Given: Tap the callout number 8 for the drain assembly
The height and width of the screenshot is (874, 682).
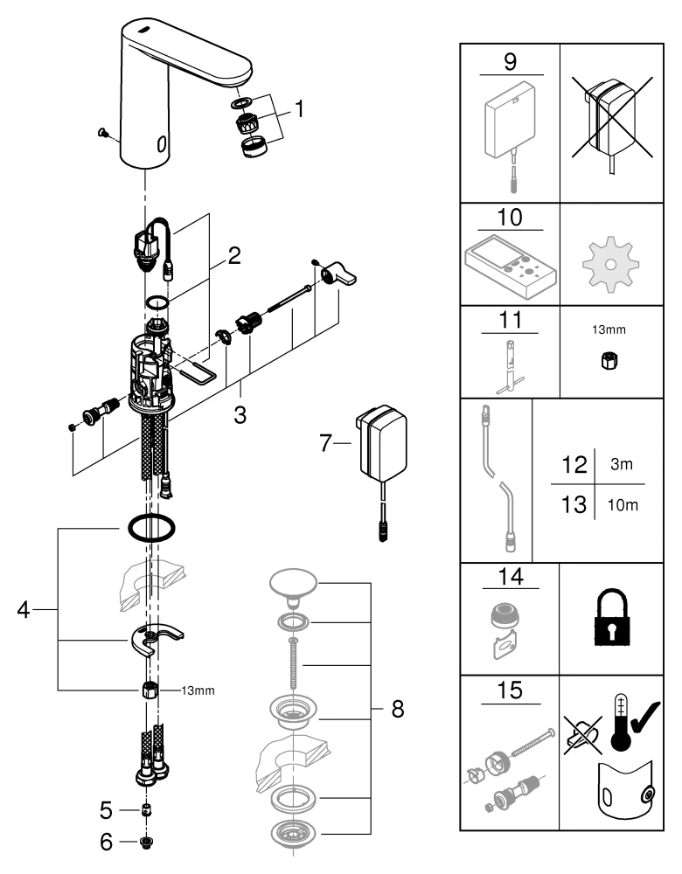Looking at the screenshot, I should pyautogui.click(x=397, y=709).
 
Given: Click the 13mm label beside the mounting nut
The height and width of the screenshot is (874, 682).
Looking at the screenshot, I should pyautogui.click(x=197, y=690).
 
